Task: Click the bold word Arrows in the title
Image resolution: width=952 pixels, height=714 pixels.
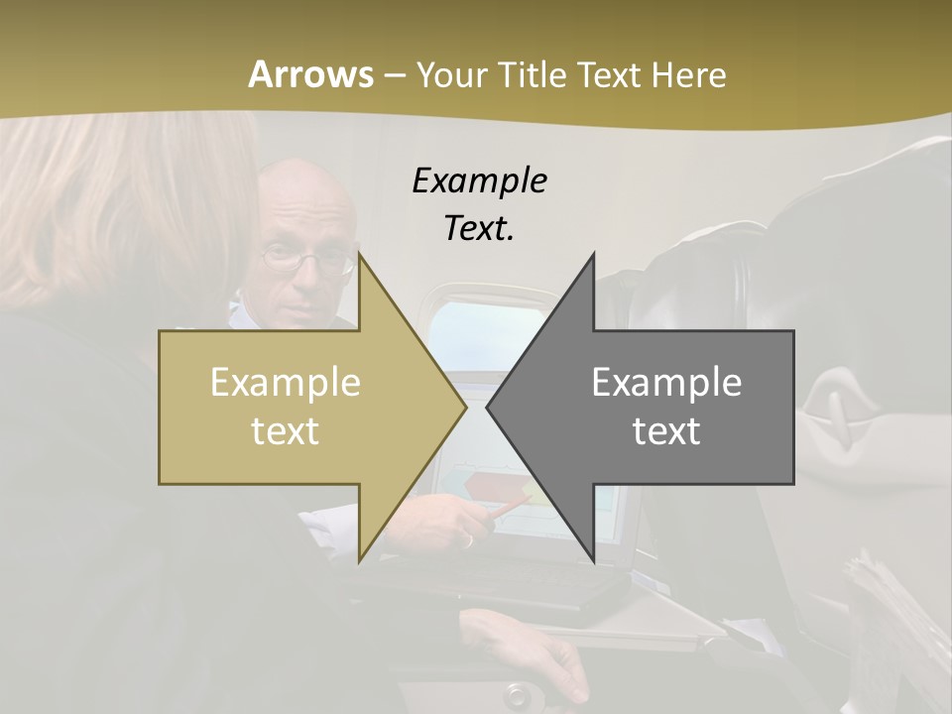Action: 310,74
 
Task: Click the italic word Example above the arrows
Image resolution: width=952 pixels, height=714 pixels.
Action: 479,180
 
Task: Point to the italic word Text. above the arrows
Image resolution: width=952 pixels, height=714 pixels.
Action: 479,228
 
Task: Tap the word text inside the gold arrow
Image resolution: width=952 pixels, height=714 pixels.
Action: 286,431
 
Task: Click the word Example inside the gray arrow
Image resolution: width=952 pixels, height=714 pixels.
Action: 666,382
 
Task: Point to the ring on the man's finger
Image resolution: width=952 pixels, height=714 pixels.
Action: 467,540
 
